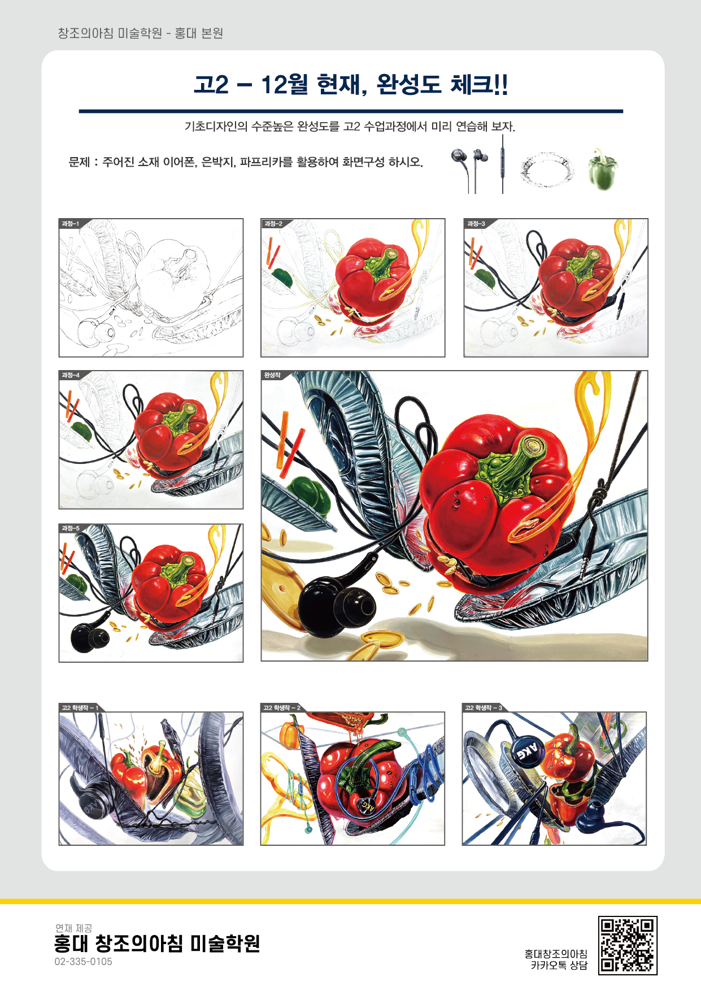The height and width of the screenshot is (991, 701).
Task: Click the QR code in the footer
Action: (628, 945)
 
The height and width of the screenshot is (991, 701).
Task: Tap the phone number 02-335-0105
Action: (83, 962)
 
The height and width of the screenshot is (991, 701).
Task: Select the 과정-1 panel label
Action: (71, 224)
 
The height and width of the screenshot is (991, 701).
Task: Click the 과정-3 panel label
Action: (476, 224)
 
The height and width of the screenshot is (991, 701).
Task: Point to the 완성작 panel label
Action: (272, 375)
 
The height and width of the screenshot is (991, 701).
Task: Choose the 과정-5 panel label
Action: (71, 528)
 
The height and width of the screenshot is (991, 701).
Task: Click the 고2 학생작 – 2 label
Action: (282, 707)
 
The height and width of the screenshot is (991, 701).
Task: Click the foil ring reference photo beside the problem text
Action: (546, 169)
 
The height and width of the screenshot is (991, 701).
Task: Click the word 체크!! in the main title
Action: (479, 84)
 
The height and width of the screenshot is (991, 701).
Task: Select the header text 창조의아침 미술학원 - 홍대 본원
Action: (140, 33)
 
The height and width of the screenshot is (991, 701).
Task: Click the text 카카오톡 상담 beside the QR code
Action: (559, 965)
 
